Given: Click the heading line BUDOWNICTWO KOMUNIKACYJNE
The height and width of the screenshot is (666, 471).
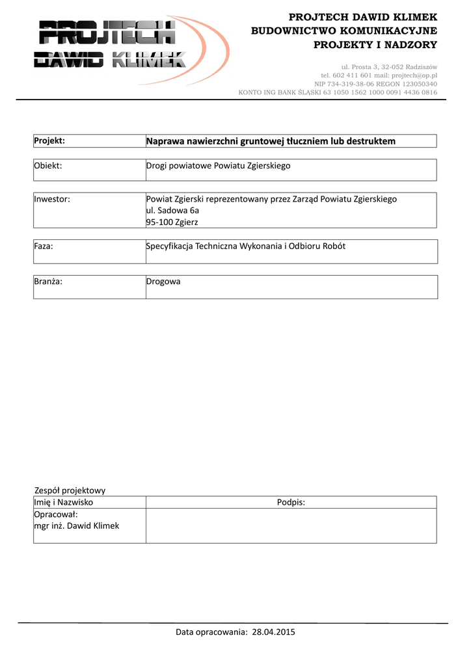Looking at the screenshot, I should pos(344,31).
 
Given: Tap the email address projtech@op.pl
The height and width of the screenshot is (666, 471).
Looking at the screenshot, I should pos(414,75).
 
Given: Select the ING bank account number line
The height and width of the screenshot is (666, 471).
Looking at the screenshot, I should pos(338,92).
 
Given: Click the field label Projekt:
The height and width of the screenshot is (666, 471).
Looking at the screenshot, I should pos(49,141).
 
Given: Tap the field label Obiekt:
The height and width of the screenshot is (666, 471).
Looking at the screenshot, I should pos(48,166).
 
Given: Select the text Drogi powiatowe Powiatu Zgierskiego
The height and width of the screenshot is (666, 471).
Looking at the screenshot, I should pos(218,166).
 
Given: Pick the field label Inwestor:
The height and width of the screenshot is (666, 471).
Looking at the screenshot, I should pos(52,199).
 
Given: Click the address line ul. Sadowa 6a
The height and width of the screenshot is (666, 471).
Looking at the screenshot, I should pos(172,211).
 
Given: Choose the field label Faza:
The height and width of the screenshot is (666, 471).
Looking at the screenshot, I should pos(44,246).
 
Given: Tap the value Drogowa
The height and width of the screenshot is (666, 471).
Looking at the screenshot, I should pos(163,282).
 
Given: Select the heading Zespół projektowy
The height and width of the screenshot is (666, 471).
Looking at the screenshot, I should pos(70,490).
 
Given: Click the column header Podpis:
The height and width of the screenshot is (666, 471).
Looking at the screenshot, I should pos(291,502).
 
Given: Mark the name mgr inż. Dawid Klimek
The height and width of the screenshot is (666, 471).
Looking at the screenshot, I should pos(77,526).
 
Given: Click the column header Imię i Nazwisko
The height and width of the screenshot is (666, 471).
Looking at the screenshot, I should pos(64,502).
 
